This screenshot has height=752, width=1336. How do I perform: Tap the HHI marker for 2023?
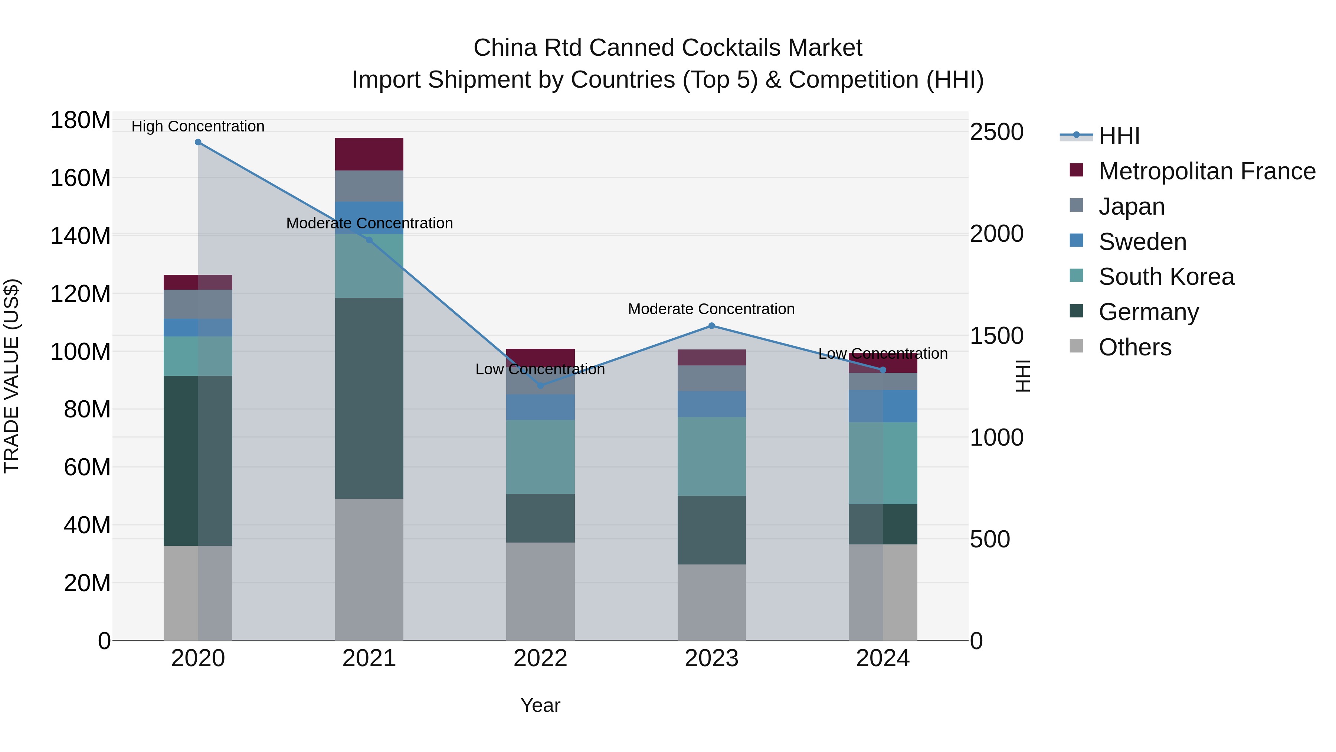(x=711, y=326)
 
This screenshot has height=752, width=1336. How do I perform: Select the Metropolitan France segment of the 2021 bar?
(x=369, y=154)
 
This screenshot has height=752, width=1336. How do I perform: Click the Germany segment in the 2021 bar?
(x=369, y=398)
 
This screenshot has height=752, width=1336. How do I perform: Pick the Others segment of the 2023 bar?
(x=711, y=602)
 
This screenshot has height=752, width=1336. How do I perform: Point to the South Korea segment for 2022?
(x=540, y=457)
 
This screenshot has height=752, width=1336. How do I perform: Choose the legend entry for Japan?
(x=1131, y=206)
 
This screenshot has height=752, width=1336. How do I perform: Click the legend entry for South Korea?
(x=1166, y=277)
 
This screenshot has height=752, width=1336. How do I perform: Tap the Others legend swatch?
(x=1076, y=346)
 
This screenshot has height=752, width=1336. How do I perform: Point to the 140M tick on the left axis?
(x=81, y=236)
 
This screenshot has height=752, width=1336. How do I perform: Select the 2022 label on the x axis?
(x=540, y=658)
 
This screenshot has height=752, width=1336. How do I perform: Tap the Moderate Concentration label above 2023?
(x=711, y=309)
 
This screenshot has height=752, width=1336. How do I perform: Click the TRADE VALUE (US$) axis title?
(x=12, y=376)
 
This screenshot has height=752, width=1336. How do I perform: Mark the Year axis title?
(x=540, y=705)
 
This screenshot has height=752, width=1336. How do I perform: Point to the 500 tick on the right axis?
(x=989, y=539)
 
